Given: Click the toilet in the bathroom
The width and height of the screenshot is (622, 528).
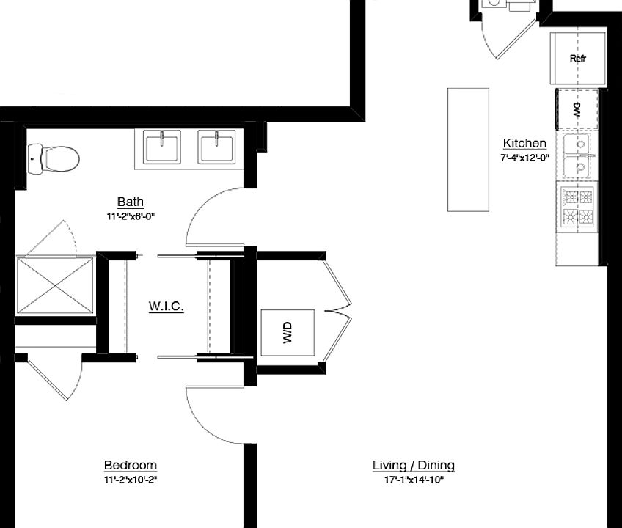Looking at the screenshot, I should [56, 156].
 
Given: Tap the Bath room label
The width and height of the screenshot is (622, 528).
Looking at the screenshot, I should [130, 202].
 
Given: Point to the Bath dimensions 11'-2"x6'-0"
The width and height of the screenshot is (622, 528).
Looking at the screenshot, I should [130, 216].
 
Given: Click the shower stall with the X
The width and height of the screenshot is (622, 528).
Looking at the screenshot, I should [55, 285].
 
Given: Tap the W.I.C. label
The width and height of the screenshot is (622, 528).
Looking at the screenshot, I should [165, 305].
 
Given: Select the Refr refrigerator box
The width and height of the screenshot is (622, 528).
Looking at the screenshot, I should [578, 59].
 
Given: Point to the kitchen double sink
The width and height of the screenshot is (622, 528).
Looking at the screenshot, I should [578, 157].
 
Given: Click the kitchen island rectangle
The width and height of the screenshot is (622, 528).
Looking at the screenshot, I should [468, 150].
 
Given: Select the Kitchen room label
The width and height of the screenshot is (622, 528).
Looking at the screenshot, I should [524, 143].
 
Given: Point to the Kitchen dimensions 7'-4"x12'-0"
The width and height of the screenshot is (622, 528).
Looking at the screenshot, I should [524, 158].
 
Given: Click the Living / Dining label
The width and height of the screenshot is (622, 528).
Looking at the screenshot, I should [413, 465].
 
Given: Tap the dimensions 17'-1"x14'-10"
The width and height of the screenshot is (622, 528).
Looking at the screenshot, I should [413, 480].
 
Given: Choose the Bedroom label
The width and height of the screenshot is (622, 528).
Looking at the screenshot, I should [130, 465].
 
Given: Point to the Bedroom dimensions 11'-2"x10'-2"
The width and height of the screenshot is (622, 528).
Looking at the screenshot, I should [130, 480].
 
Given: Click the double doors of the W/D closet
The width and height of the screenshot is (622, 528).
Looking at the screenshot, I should [339, 308].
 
